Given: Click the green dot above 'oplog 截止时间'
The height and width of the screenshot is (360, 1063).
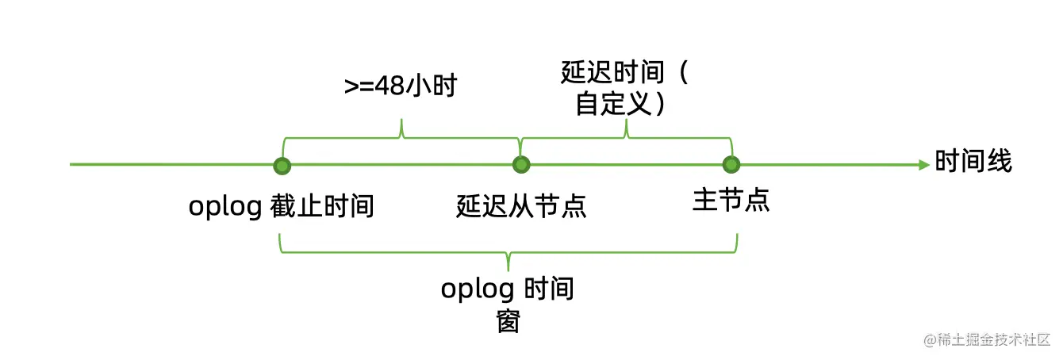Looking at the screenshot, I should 281,166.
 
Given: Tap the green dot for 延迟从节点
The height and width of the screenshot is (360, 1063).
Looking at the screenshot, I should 520,165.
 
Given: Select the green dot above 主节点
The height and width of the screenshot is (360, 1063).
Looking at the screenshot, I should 731,165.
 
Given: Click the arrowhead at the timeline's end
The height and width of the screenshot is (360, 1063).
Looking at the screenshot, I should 923,165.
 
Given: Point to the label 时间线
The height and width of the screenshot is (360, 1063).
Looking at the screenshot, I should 973,162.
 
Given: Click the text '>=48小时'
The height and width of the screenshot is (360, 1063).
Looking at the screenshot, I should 401,86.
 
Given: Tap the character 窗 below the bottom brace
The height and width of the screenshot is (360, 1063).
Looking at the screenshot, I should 508,321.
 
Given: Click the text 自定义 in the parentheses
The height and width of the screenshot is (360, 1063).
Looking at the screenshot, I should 612,105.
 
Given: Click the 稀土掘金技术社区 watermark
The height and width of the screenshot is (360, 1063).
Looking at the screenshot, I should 987,339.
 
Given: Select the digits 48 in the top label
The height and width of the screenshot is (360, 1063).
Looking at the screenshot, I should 389,86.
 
